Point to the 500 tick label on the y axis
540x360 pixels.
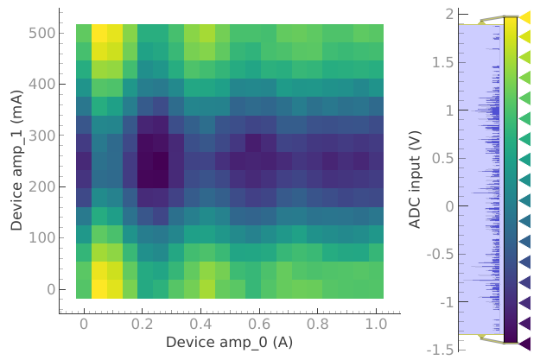[x=43, y=34]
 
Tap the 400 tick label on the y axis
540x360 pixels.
[x=43, y=85]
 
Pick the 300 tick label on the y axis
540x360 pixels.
[x=43, y=136]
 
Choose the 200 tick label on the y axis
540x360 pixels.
[x=43, y=186]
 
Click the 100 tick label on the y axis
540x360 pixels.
[x=43, y=237]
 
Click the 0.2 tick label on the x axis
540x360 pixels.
[x=143, y=324]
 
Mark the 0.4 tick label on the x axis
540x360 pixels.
[x=200, y=324]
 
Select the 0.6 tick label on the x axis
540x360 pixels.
[x=259, y=324]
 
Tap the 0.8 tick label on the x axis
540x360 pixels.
[x=317, y=324]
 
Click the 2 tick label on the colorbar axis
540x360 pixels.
[x=450, y=15]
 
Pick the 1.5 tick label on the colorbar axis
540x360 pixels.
[x=444, y=63]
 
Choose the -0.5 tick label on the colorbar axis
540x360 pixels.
[x=442, y=254]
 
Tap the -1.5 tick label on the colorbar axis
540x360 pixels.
[x=442, y=350]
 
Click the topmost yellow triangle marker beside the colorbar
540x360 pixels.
[x=524, y=17]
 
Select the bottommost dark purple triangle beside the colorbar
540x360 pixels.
[x=524, y=344]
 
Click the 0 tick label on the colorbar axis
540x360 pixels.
[x=450, y=206]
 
